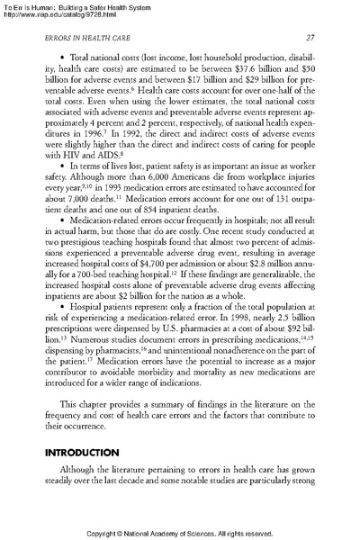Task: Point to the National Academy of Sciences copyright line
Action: click(180, 532)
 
